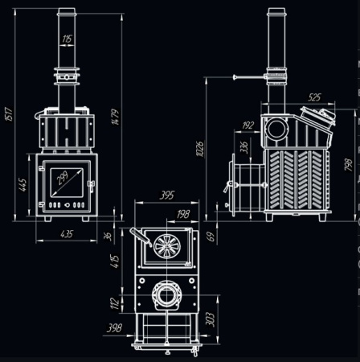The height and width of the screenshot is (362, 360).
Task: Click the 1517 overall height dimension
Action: [8, 110]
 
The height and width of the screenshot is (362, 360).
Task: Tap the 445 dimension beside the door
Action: [22, 187]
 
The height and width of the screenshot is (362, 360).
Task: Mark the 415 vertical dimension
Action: [116, 261]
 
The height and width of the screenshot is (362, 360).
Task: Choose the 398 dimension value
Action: [115, 328]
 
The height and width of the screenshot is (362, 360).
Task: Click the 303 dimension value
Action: [210, 319]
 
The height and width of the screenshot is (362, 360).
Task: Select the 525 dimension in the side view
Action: [314, 97]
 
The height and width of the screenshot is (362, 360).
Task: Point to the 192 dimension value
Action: [248, 125]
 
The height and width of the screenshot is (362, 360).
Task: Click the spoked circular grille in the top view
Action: [168, 245]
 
